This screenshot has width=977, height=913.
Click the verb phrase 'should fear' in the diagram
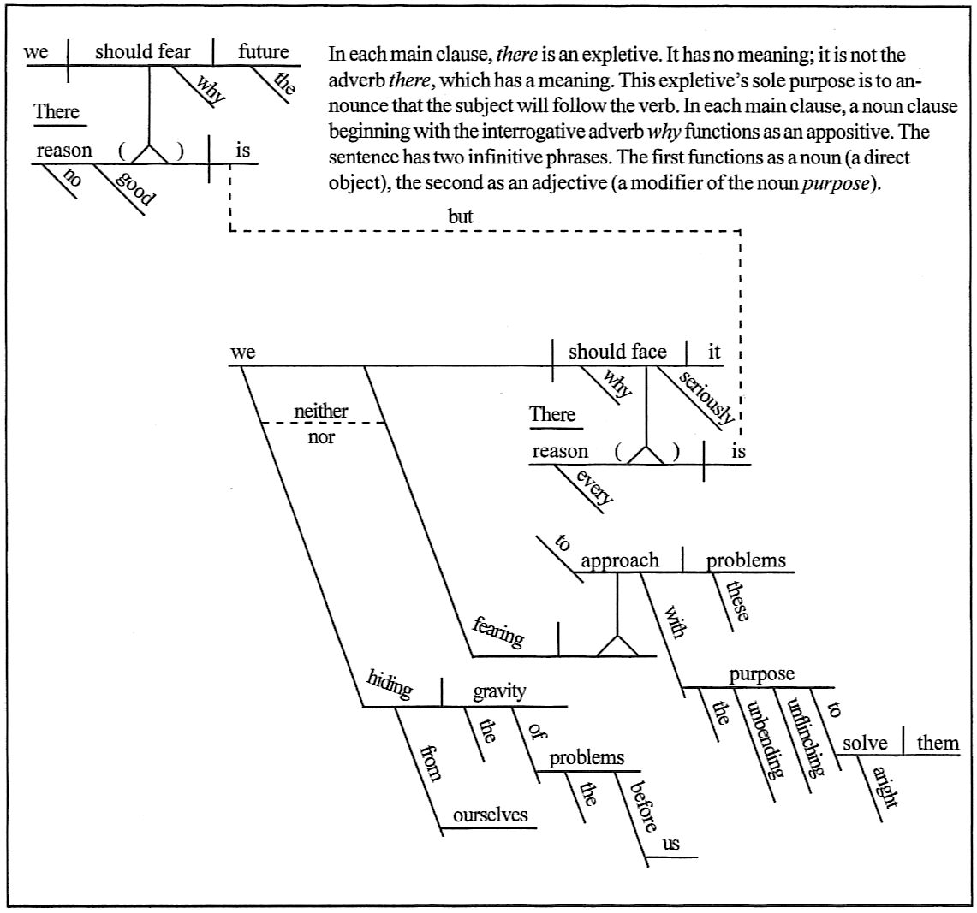click(x=142, y=51)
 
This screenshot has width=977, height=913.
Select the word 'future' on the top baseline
click(x=263, y=51)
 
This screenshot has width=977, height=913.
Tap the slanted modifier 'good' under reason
click(x=135, y=187)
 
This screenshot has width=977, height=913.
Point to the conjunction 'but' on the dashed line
click(x=460, y=217)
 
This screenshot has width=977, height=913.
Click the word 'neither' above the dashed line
click(x=320, y=412)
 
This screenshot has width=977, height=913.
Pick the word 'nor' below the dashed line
click(x=320, y=436)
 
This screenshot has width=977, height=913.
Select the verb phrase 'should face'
click(x=617, y=352)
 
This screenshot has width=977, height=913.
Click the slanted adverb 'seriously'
click(x=707, y=398)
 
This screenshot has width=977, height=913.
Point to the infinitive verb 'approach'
click(x=620, y=560)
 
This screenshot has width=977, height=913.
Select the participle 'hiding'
click(x=389, y=685)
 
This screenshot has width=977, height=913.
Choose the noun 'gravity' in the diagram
click(x=499, y=691)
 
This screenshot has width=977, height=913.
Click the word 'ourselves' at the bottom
click(x=490, y=815)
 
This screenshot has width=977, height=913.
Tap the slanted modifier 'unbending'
click(x=764, y=740)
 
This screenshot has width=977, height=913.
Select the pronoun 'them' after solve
click(x=938, y=742)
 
